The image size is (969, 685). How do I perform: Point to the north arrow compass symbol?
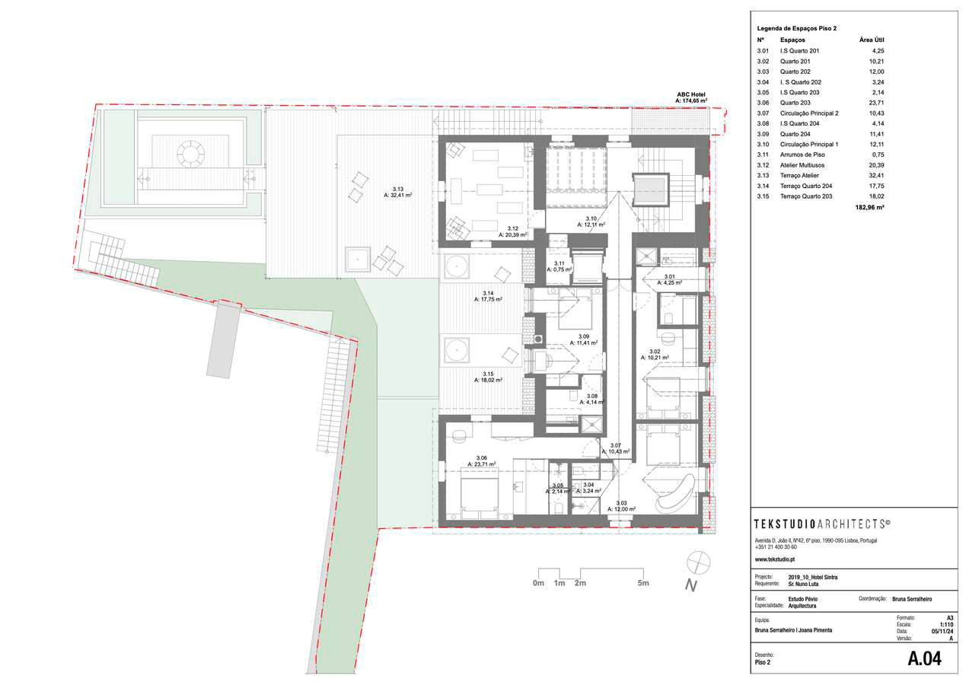[696, 564]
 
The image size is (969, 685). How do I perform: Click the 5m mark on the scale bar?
[643, 583]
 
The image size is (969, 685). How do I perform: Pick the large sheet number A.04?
[924, 660]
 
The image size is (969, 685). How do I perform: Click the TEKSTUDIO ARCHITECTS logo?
[822, 524]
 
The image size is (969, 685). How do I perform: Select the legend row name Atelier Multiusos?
[802, 164]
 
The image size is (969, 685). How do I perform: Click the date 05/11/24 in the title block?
[942, 631]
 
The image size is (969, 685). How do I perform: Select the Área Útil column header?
[872, 40]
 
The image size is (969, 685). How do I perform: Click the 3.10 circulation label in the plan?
[590, 221]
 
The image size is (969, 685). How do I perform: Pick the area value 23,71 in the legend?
[875, 103]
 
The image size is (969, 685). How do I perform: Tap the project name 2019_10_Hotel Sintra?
[814, 577]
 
